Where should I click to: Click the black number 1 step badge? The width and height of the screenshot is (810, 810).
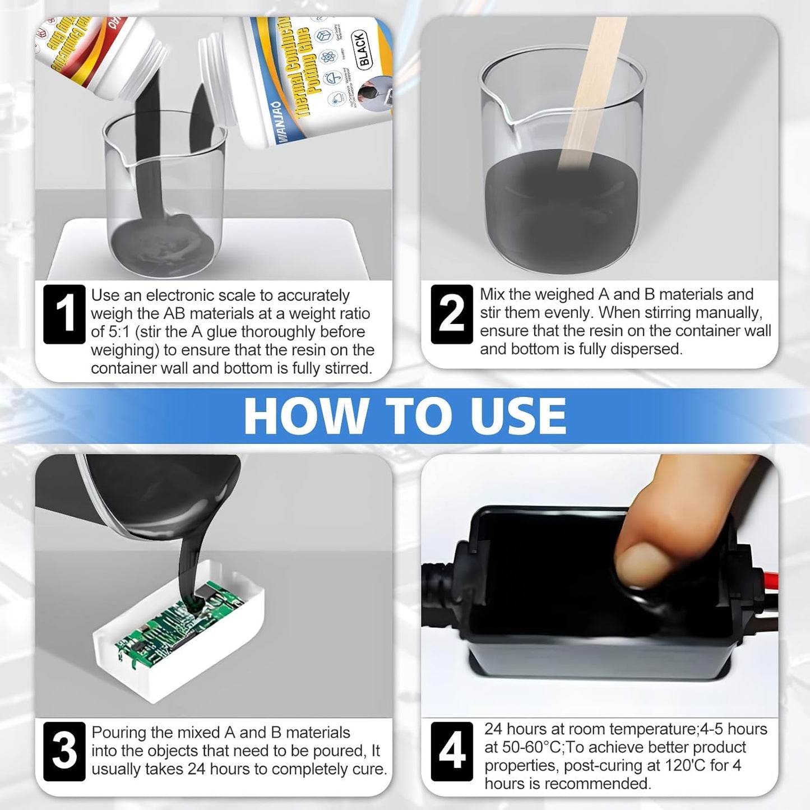click(x=64, y=314)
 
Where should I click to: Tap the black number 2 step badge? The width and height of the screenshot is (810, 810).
click(x=452, y=314)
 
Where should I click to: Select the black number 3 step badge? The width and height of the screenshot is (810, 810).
click(x=64, y=751)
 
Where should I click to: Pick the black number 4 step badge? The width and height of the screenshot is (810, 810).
click(x=452, y=751)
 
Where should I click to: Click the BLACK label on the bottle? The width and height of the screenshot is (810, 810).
click(x=363, y=49)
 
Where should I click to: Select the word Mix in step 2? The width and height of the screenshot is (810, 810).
click(x=492, y=295)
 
